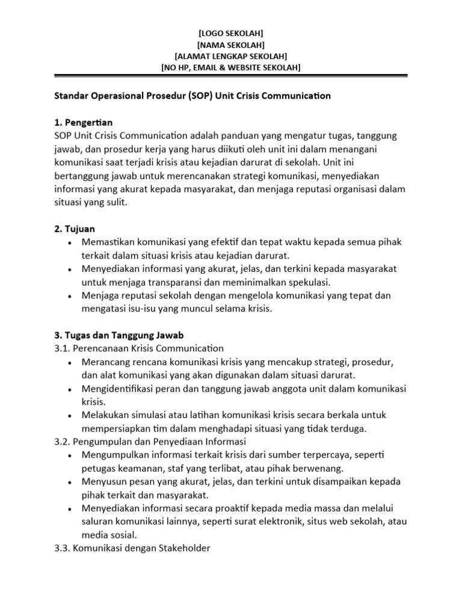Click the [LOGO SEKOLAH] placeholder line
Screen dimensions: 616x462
click(230, 33)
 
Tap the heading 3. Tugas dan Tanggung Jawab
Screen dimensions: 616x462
click(115, 335)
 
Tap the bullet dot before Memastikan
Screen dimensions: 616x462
click(70, 242)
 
